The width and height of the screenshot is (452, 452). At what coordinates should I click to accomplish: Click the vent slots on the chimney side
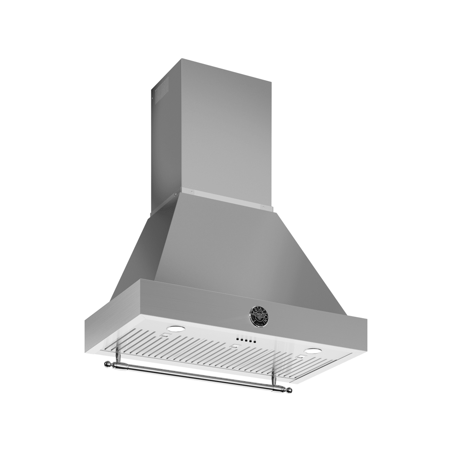point(161,90)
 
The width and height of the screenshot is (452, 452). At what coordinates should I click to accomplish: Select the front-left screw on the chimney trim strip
point(192,192)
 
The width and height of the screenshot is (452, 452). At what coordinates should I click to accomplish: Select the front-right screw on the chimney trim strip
point(264,206)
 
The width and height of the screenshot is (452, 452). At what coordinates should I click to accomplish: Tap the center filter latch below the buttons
point(235,346)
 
